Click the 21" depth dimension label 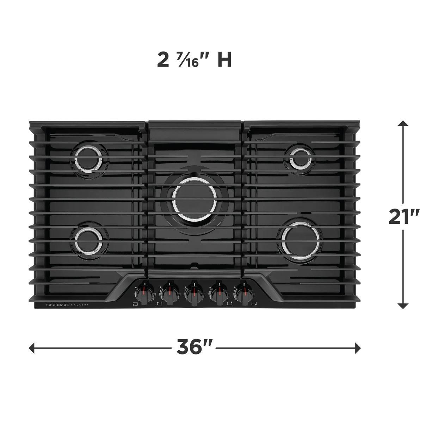[404, 216]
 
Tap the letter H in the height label [224, 60]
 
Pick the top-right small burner [301, 158]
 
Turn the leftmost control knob [145, 292]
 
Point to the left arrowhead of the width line [32, 348]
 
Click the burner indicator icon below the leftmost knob [135, 303]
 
